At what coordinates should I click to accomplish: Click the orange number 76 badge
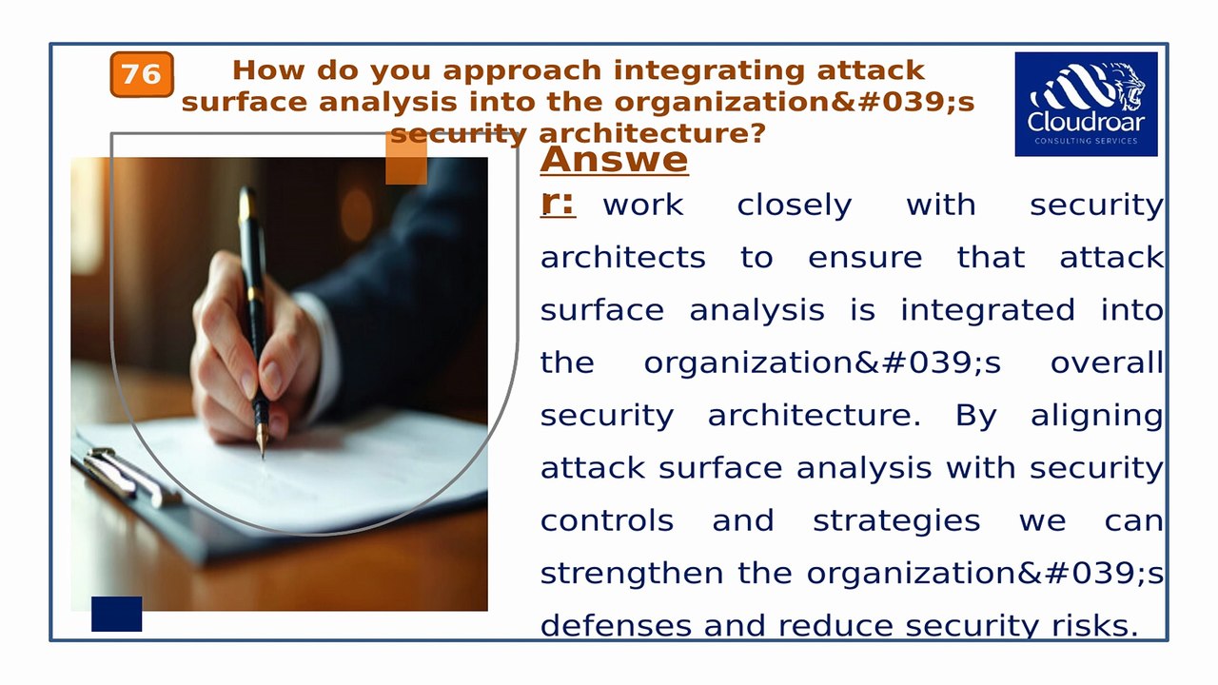pyautogui.click(x=142, y=75)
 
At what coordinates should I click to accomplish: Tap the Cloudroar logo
pyautogui.click(x=1086, y=104)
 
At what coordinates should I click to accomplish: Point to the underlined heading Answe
pyautogui.click(x=614, y=160)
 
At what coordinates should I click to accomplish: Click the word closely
pyautogui.click(x=794, y=205)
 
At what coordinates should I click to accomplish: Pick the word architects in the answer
pyautogui.click(x=622, y=258)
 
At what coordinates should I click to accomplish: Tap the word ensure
pyautogui.click(x=864, y=258)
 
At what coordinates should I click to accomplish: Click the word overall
pyautogui.click(x=1106, y=363)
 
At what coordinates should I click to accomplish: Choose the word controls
pyautogui.click(x=606, y=521)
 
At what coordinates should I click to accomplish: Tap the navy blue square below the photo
pyautogui.click(x=116, y=614)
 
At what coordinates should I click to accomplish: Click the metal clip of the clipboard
pyautogui.click(x=128, y=473)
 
